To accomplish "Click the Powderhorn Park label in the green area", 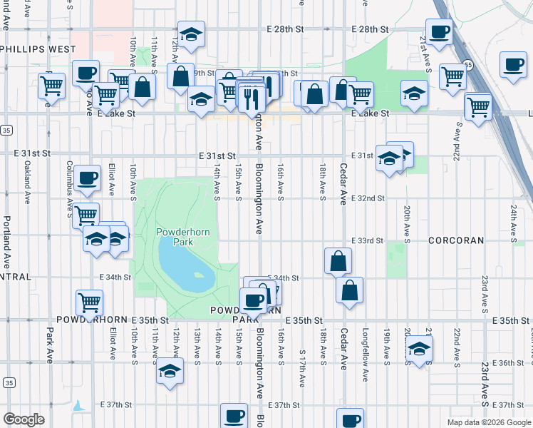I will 175,237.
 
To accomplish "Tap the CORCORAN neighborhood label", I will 457,241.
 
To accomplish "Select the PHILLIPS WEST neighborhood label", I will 38,49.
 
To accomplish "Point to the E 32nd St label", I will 368,198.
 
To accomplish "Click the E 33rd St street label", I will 367,241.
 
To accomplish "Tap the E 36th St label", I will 509,363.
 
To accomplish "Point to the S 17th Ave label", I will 302,367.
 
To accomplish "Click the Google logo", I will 24,419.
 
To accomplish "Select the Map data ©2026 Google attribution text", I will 488,422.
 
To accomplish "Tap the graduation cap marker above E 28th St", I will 191,34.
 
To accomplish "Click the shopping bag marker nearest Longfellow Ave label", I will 349,290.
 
